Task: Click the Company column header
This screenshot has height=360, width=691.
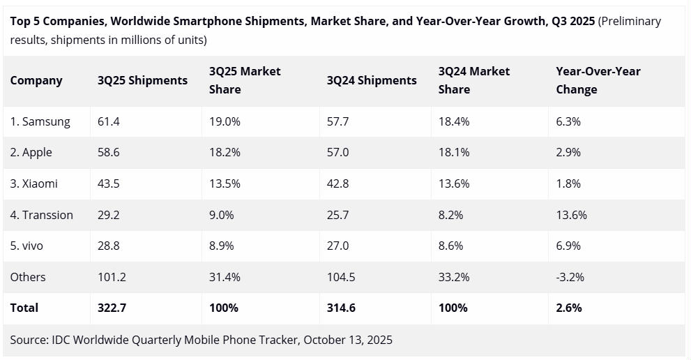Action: click(36, 80)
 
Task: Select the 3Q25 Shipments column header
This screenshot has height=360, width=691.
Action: click(142, 80)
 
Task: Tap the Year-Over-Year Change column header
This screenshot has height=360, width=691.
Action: click(598, 80)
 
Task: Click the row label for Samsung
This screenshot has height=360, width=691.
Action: click(40, 121)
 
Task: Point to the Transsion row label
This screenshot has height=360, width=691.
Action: click(41, 215)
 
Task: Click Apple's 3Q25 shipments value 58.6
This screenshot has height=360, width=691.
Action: click(109, 152)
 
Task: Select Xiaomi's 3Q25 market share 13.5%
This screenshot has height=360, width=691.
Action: click(225, 183)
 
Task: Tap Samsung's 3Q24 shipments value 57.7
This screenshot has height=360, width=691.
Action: click(337, 121)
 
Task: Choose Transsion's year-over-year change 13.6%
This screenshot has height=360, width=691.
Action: click(571, 215)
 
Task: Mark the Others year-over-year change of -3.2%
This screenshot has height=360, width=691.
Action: click(570, 277)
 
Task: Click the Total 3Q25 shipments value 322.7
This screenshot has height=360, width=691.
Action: click(112, 308)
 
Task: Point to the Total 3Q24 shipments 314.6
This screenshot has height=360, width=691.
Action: click(341, 308)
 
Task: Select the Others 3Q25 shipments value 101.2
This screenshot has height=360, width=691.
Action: click(112, 277)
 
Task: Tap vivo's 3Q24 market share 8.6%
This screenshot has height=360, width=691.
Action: click(450, 246)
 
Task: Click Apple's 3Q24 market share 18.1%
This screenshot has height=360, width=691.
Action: click(453, 152)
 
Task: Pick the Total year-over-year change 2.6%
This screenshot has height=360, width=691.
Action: click(568, 308)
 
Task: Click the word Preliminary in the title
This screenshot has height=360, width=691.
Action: click(630, 21)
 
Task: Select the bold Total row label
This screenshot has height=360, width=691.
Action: click(24, 308)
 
